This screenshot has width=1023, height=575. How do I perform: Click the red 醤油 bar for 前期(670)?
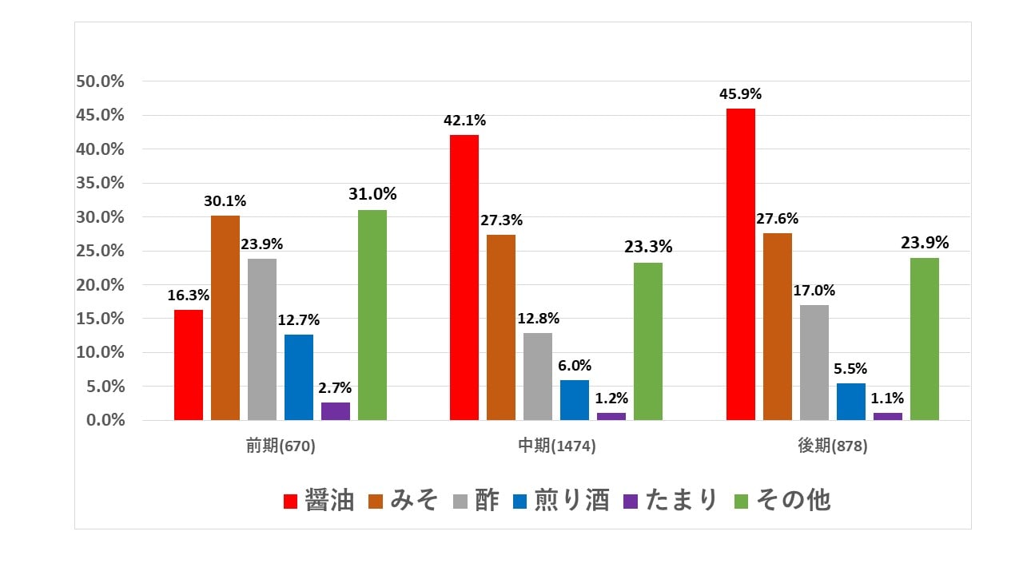click(189, 365)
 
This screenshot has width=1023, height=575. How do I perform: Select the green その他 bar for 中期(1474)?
click(648, 341)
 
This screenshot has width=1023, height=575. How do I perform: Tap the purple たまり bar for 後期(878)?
click(888, 416)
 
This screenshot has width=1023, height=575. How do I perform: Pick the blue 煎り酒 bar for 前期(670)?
click(299, 377)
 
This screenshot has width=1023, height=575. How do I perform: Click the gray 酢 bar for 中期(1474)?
click(538, 376)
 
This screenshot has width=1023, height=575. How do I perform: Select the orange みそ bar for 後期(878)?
click(778, 327)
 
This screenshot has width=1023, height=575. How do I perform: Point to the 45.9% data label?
click(740, 94)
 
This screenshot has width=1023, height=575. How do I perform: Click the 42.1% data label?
click(465, 121)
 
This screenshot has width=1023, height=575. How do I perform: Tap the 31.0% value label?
click(372, 194)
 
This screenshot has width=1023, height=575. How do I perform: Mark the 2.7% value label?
click(336, 388)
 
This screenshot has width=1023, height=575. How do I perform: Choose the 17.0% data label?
click(814, 291)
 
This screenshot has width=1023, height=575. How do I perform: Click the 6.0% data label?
click(575, 366)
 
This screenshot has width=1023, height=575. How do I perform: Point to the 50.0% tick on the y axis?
click(100, 81)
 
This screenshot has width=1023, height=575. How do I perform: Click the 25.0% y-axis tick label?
click(100, 251)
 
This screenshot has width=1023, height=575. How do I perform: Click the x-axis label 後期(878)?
click(833, 446)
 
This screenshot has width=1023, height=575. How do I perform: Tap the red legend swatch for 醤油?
click(291, 501)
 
